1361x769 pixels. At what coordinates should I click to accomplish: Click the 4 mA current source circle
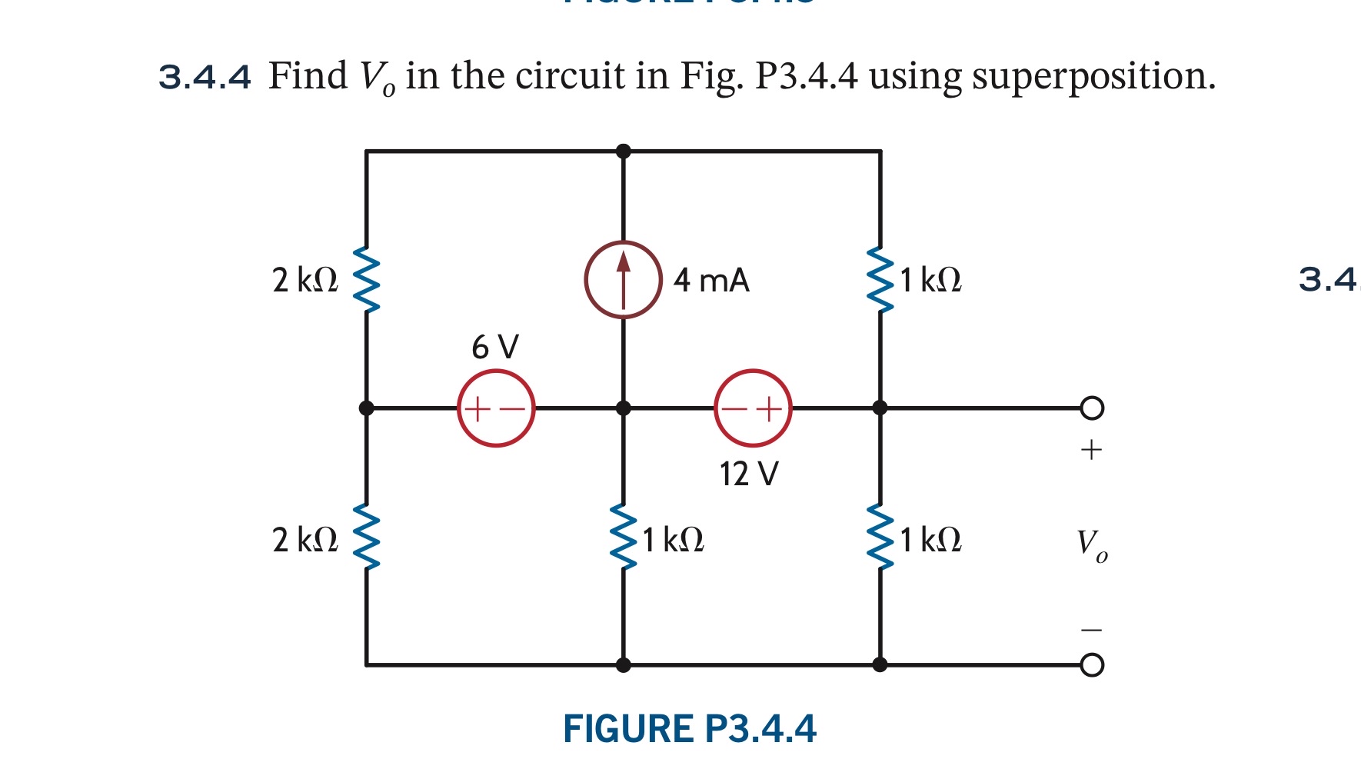(623, 280)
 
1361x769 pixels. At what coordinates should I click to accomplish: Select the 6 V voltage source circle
(496, 408)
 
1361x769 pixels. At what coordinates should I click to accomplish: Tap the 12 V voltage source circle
(753, 408)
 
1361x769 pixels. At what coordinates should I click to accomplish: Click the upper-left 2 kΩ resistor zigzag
(367, 280)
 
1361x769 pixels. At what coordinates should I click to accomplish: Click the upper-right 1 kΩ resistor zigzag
(880, 280)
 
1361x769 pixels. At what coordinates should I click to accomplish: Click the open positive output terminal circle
(1092, 408)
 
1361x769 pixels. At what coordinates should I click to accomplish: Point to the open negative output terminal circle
(1092, 665)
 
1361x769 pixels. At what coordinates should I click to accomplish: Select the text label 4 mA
(711, 281)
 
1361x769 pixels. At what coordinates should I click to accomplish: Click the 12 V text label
(749, 474)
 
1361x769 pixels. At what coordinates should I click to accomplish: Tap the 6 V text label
(495, 347)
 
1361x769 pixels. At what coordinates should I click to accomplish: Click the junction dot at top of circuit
(624, 151)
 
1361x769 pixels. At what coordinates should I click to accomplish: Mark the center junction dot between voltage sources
(624, 408)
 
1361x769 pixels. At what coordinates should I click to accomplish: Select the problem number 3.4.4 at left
(205, 77)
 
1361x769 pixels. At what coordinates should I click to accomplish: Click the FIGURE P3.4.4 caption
(689, 729)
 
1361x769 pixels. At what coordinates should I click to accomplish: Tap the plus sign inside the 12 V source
(769, 408)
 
